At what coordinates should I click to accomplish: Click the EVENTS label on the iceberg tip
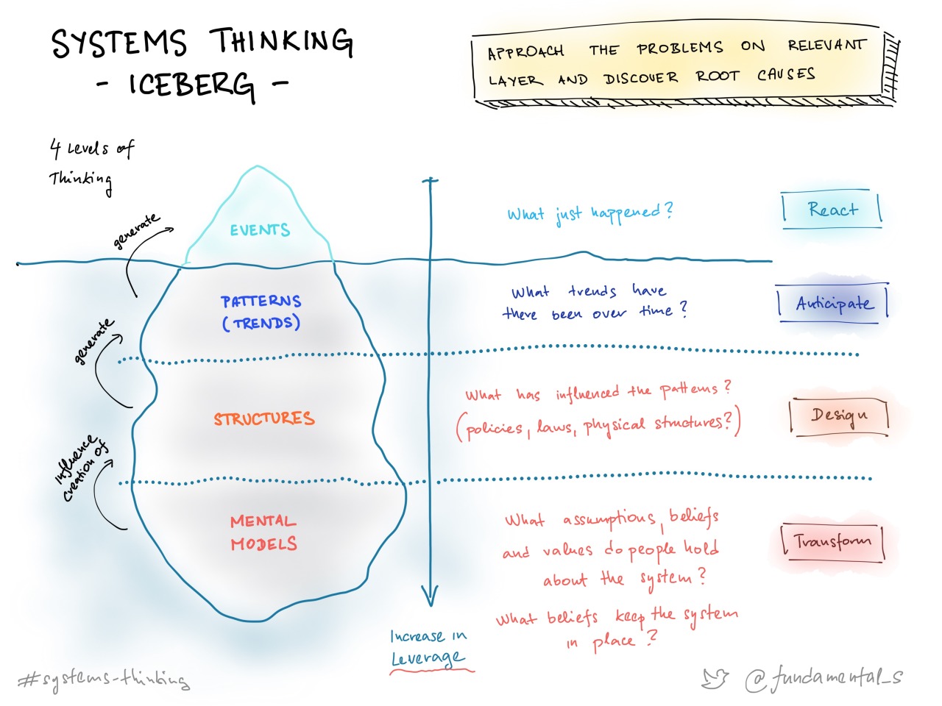(x=260, y=230)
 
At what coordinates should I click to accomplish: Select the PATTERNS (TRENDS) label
(x=261, y=312)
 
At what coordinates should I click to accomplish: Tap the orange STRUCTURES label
(x=264, y=418)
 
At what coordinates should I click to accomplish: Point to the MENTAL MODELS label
(x=263, y=532)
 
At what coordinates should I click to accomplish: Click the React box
(x=832, y=210)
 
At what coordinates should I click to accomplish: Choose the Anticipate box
(x=833, y=303)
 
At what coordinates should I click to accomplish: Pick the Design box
(x=839, y=416)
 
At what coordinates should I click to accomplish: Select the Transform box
(x=832, y=542)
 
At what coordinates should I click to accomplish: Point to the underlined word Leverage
(x=428, y=657)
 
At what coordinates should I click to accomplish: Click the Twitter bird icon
(x=715, y=678)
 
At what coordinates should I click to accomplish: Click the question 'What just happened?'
(x=589, y=213)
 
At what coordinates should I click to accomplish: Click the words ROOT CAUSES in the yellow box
(x=755, y=76)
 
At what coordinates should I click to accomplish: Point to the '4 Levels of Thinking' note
(x=90, y=163)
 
